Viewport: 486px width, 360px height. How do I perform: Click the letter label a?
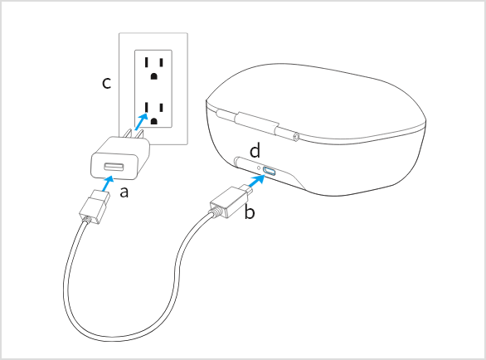click(124, 192)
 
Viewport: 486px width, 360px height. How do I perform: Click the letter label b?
click(250, 212)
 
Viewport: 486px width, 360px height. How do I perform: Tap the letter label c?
click(107, 83)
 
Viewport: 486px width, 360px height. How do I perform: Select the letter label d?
click(255, 151)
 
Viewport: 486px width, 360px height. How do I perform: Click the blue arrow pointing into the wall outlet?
click(141, 122)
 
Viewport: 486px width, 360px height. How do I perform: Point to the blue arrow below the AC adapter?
click(107, 183)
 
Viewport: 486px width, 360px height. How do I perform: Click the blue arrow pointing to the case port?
click(257, 181)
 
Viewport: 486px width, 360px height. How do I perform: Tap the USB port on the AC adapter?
click(114, 167)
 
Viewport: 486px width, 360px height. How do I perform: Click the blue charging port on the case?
click(269, 171)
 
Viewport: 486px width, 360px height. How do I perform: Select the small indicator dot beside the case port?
click(259, 168)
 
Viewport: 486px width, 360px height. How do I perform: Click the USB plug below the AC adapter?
click(95, 207)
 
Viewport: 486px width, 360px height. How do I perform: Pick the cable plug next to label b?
click(231, 202)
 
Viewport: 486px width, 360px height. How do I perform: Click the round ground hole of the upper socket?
click(153, 76)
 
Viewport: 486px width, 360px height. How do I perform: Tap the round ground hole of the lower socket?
click(153, 121)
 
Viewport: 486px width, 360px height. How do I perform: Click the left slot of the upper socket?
click(146, 63)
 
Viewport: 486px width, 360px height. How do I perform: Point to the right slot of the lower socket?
click(161, 108)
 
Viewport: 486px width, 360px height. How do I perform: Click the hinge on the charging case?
click(256, 124)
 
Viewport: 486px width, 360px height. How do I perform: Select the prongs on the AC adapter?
click(134, 134)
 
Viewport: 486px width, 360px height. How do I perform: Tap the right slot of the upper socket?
click(161, 63)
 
